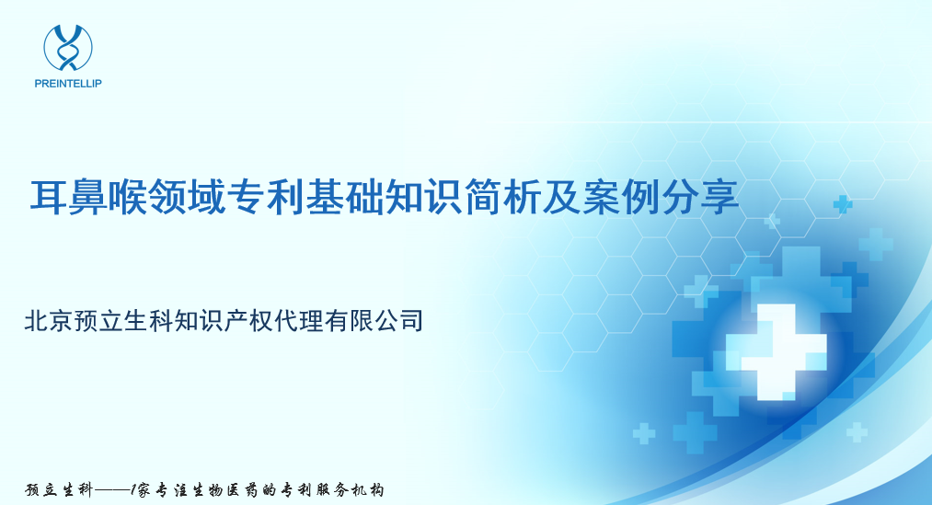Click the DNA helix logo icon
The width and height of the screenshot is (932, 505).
click(x=67, y=47)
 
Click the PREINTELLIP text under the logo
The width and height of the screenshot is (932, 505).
click(x=67, y=83)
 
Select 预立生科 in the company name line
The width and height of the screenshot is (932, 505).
click(x=124, y=320)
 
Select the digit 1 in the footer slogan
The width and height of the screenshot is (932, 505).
click(x=135, y=489)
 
